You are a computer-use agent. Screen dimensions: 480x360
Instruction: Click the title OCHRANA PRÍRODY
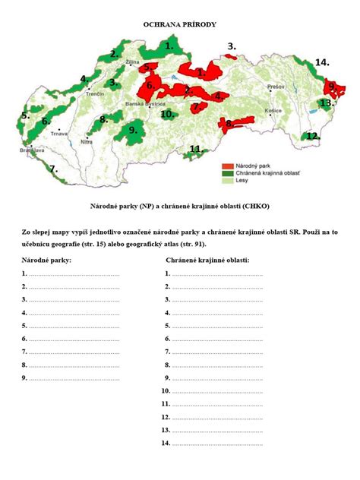click(x=180, y=25)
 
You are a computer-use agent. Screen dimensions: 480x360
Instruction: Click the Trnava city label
click(x=58, y=134)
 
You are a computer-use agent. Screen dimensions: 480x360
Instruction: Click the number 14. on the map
click(x=322, y=62)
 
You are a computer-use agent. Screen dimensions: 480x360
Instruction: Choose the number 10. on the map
click(x=167, y=114)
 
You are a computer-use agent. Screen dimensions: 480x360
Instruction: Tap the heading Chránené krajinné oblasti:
click(x=207, y=260)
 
